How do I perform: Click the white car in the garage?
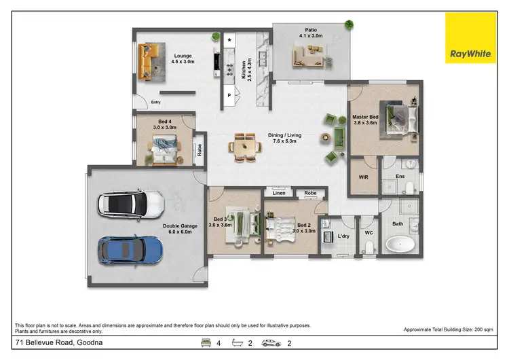click(131, 203)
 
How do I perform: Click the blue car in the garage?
click(130, 250)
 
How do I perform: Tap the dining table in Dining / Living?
click(244, 147)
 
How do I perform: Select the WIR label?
click(363, 176)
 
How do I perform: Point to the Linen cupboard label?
click(279, 193)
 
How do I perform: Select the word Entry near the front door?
click(156, 103)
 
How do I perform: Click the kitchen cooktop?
click(229, 67)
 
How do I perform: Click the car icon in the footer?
click(271, 344)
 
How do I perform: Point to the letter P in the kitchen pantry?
click(229, 96)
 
